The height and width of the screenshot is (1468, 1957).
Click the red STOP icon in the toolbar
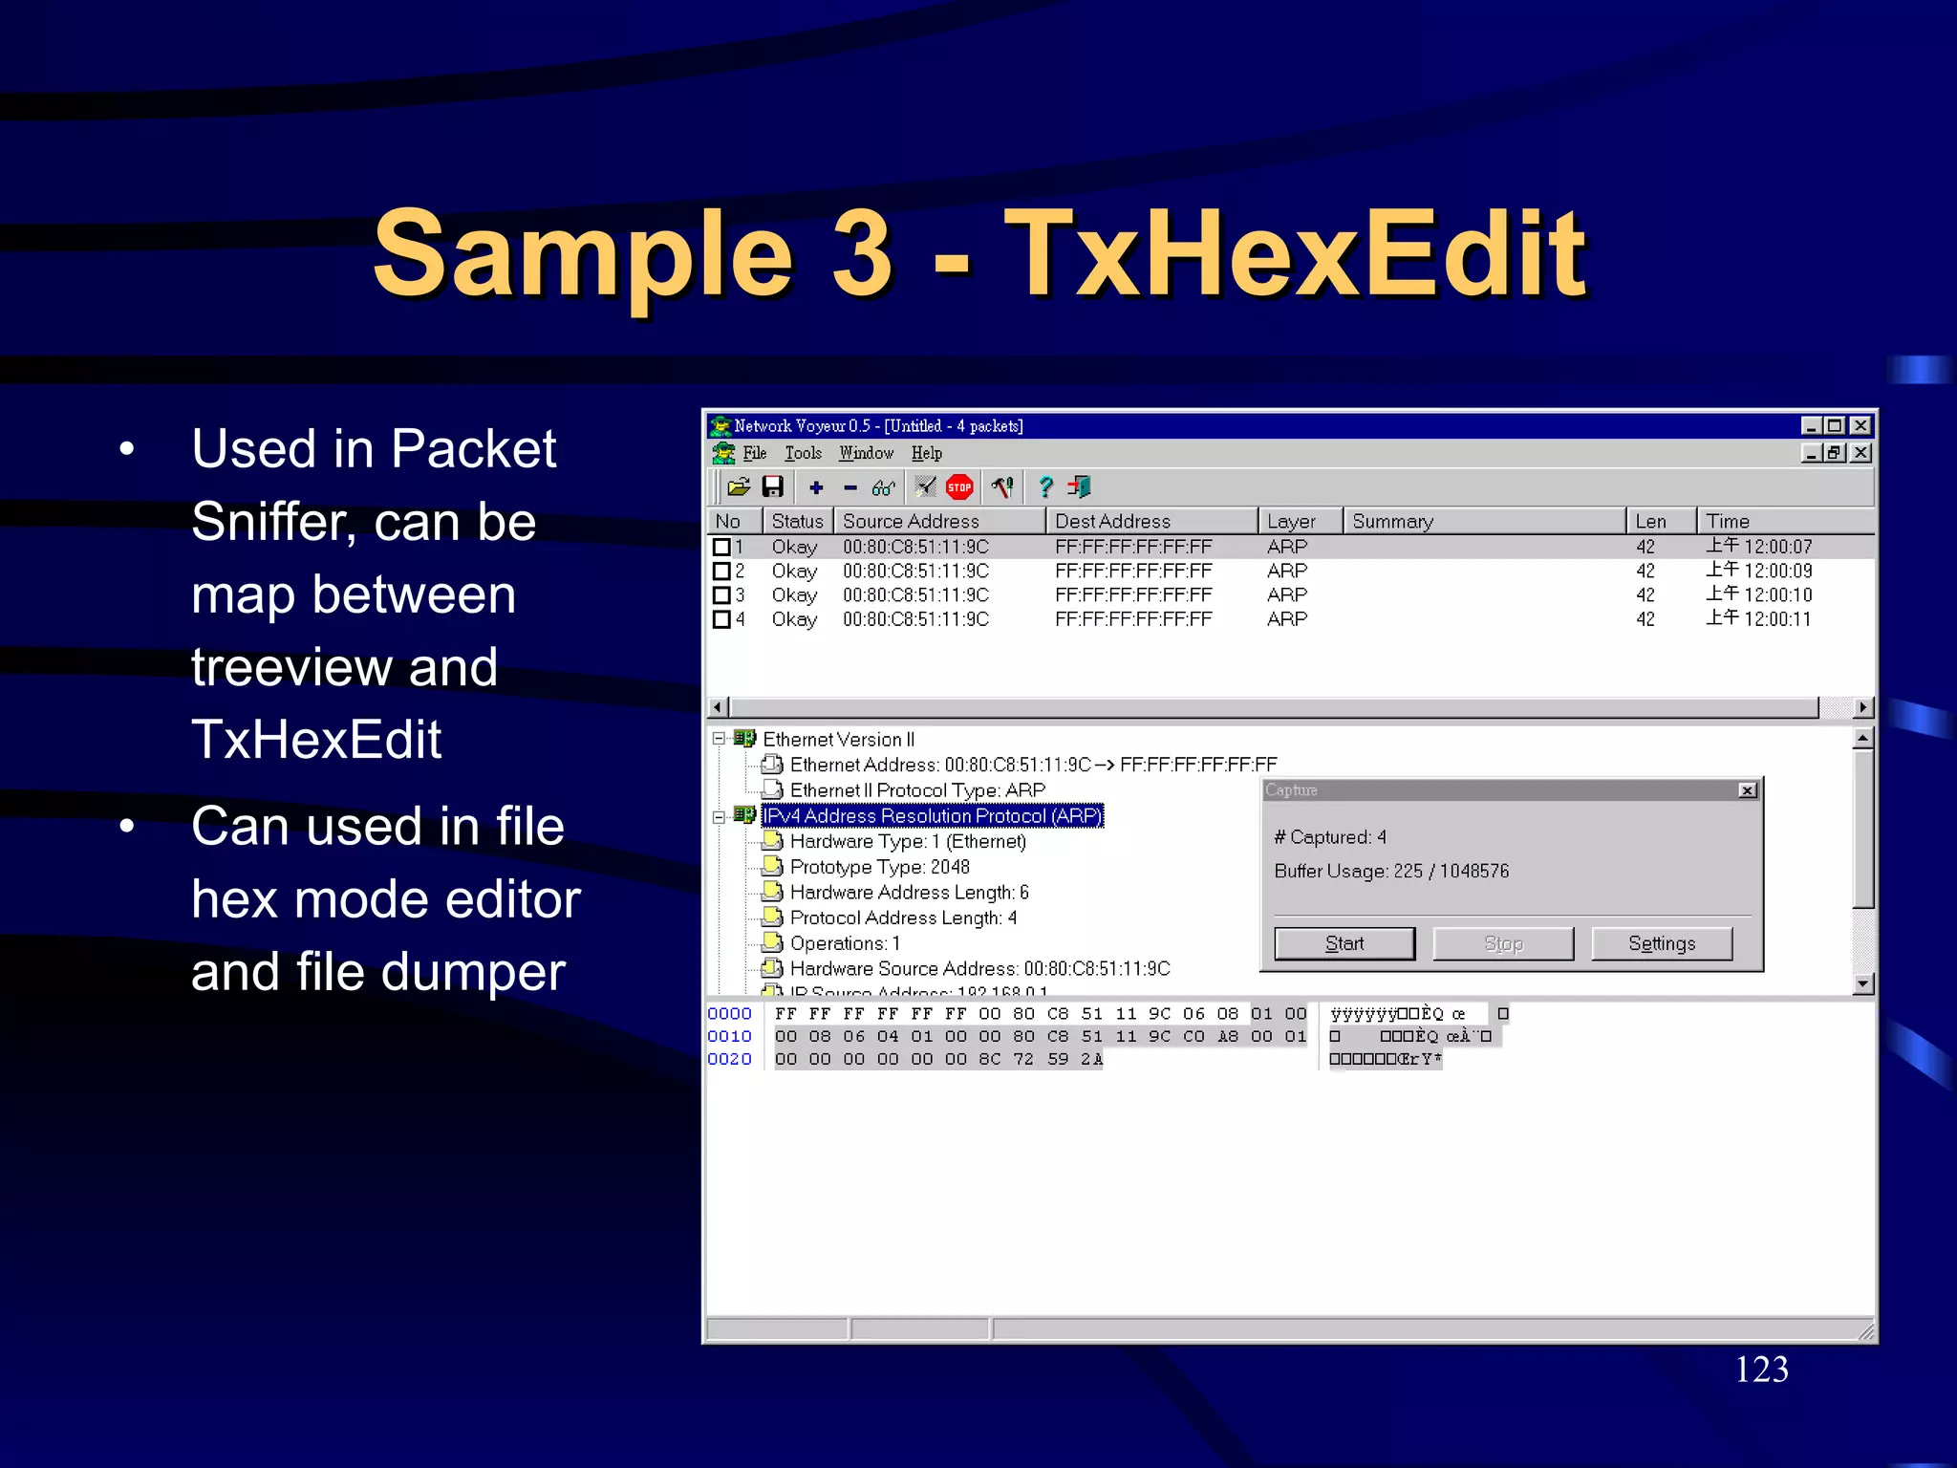(959, 487)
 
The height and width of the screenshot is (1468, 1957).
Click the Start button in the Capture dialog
(1344, 943)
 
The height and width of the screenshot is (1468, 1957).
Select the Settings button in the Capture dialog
(1662, 943)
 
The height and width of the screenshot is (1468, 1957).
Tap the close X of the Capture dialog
(1747, 790)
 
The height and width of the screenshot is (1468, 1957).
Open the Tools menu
(803, 453)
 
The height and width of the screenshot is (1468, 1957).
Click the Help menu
(926, 453)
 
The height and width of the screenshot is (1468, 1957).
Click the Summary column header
(1392, 521)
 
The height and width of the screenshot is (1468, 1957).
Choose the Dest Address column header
(1112, 521)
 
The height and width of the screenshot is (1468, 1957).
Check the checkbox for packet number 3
(722, 595)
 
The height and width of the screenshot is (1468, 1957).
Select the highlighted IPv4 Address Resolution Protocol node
(932, 816)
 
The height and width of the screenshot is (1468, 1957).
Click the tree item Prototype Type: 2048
(879, 867)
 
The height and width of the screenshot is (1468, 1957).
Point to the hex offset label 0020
(729, 1059)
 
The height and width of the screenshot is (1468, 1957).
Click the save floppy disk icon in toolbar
(772, 487)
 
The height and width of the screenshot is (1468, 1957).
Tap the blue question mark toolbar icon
(1045, 487)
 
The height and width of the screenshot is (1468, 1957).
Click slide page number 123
(1761, 1370)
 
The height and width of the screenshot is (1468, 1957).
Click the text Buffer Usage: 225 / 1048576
(1391, 872)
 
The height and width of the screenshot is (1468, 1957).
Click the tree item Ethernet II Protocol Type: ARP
(917, 790)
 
